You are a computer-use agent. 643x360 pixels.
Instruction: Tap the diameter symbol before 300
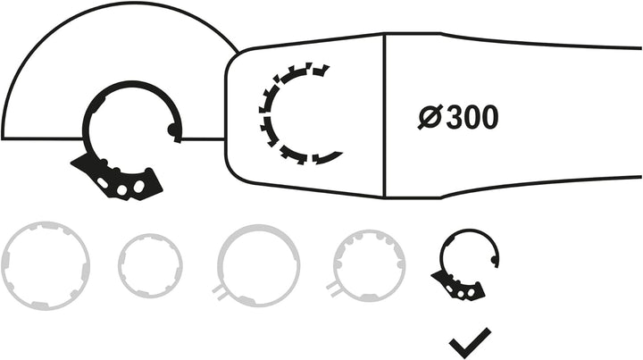[430, 117]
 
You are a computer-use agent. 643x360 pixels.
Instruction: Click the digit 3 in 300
[455, 117]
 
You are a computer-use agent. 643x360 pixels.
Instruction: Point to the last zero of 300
[489, 117]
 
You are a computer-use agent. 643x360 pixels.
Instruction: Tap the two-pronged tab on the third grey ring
[220, 293]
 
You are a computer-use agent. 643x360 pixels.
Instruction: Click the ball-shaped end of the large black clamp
[173, 130]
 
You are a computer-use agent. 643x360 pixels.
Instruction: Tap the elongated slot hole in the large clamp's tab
[103, 183]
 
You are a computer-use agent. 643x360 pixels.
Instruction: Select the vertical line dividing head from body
[385, 115]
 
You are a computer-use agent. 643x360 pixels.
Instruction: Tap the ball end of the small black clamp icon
[494, 259]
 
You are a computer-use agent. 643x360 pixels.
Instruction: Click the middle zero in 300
[472, 117]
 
